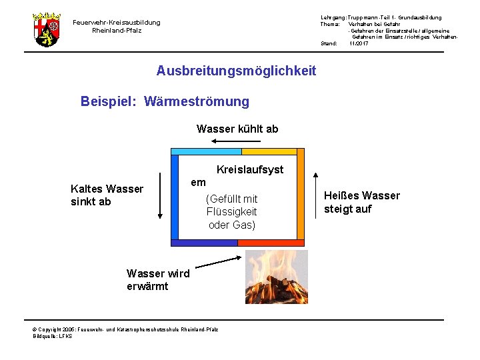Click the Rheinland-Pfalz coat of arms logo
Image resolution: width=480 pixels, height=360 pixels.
46,29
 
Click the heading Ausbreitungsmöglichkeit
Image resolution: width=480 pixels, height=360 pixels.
236,71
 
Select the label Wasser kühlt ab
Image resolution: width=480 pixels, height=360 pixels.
237,129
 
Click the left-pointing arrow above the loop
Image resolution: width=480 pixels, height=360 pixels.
237,142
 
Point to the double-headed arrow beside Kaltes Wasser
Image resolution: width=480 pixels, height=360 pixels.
160,195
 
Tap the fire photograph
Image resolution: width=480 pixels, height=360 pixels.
277,277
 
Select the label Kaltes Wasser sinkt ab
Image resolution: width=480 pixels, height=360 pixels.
107,195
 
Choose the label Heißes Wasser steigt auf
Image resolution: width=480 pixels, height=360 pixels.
361,202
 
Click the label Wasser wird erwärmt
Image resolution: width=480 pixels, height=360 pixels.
158,280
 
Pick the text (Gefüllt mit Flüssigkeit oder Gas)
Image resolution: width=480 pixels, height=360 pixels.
231,212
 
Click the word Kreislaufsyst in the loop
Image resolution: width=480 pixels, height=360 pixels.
250,170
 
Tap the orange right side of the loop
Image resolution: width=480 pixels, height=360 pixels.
300,197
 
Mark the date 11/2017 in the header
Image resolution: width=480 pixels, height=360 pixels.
359,43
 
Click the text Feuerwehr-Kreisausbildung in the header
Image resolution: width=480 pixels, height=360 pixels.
117,23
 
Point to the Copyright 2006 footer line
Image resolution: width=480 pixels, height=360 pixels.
125,329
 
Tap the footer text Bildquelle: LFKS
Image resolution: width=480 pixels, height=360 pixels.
53,336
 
